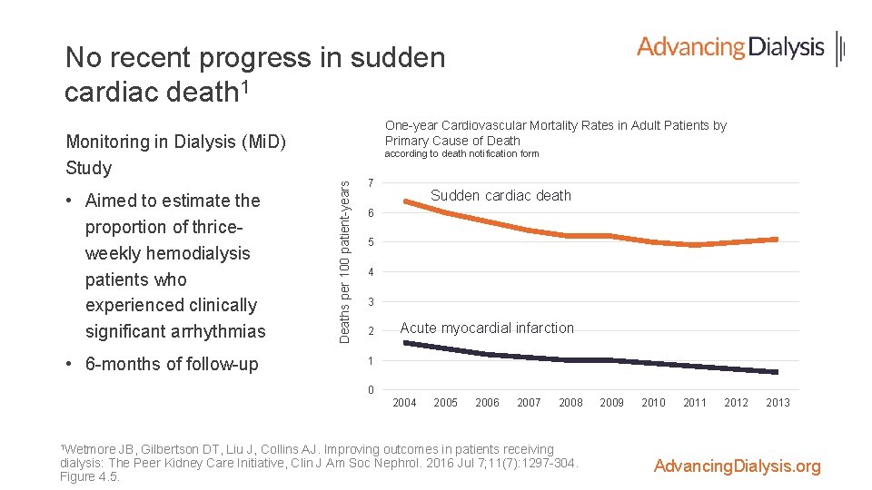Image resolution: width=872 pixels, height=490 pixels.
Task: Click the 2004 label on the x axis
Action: click(404, 403)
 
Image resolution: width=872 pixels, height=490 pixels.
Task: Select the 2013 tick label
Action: click(778, 403)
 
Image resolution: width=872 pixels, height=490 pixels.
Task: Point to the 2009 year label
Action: click(611, 403)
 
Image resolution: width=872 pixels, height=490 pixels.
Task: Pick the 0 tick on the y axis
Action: click(371, 391)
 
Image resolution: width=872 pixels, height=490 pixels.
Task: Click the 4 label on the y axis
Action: click(371, 272)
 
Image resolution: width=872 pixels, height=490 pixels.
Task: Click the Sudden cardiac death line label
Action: click(500, 195)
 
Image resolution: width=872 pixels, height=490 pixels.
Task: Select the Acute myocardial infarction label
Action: click(487, 328)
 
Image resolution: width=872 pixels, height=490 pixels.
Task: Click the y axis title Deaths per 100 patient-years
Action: click(344, 260)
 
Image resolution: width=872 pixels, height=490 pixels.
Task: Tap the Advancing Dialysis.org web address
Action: click(737, 466)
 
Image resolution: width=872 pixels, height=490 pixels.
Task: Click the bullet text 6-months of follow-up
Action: click(171, 364)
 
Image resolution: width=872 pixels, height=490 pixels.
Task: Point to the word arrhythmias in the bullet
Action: click(223, 331)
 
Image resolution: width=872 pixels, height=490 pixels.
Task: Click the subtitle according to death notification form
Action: click(461, 154)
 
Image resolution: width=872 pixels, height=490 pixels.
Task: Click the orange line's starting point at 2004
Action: click(404, 201)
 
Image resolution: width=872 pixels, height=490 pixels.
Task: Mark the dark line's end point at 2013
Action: click(778, 372)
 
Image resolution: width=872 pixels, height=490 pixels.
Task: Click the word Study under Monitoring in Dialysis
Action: click(89, 168)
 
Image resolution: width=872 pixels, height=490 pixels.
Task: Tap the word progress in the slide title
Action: click(257, 58)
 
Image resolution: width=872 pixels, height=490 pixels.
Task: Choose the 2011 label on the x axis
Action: click(695, 403)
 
